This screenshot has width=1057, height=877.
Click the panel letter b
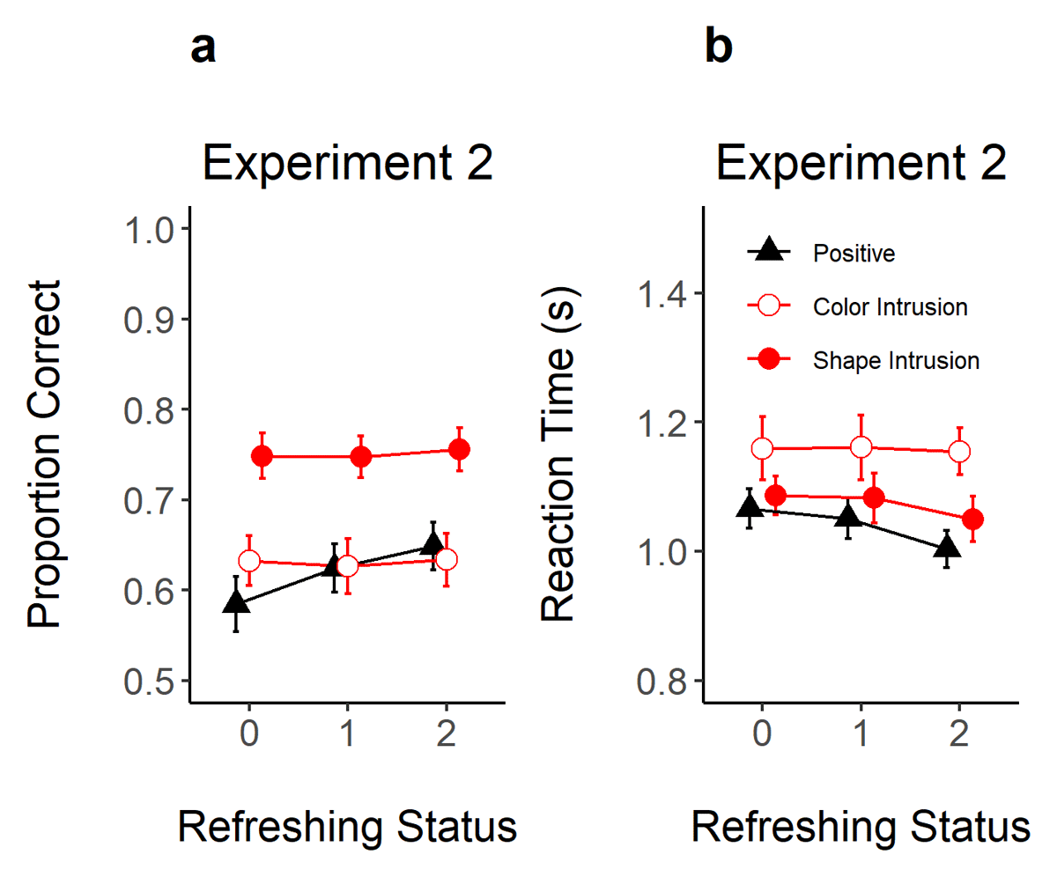coord(718,48)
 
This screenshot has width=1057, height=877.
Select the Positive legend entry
coord(854,254)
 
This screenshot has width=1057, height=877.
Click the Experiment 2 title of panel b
coord(861,164)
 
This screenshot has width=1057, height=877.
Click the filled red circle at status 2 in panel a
coord(459,449)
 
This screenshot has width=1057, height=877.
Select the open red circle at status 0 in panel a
coord(249,560)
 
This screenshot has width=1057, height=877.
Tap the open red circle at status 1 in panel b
coord(861,446)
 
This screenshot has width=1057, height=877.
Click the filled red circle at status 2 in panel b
coord(972,520)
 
